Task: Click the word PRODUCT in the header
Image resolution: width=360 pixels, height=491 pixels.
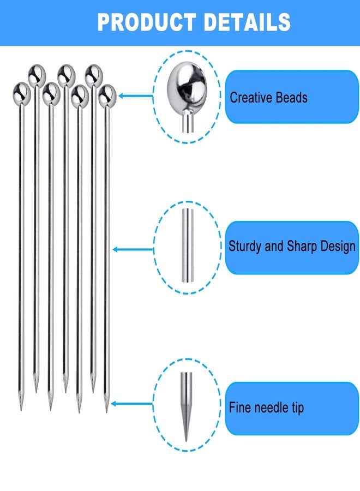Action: coord(147,22)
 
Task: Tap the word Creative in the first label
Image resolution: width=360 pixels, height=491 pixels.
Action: coord(251,98)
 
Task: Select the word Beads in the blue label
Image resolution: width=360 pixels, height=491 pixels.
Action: coord(291,98)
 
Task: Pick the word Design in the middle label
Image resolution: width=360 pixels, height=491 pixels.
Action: coord(338,246)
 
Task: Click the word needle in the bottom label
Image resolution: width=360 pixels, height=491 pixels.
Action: coord(272,408)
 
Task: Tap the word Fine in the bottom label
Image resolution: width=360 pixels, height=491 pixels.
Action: coord(240,408)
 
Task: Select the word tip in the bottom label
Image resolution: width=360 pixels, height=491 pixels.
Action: coord(298,408)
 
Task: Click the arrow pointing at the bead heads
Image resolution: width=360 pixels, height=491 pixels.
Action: coord(135,96)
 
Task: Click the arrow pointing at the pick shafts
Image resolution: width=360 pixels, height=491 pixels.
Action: coord(133,249)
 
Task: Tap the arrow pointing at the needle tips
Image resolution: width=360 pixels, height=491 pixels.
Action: coord(132,404)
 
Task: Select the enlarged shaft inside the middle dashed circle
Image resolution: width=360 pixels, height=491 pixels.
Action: coord(188,245)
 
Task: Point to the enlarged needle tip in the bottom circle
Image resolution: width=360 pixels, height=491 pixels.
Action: coord(186,407)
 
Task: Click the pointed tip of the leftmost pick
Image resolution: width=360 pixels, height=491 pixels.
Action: coord(21,410)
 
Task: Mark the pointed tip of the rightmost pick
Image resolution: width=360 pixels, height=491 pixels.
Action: coord(106,412)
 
